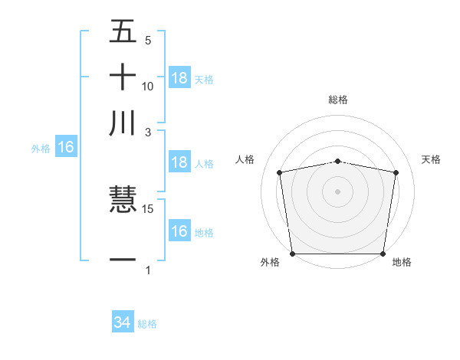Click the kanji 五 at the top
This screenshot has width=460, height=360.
[123, 31]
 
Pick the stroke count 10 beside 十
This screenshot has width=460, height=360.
[148, 87]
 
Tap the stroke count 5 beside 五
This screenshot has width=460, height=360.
[148, 41]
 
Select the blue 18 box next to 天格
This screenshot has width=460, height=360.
[179, 78]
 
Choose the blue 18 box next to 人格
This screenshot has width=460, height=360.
[179, 162]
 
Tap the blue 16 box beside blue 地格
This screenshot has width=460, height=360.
[179, 231]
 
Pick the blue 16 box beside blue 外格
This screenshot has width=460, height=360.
[66, 148]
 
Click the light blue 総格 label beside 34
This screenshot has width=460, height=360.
[147, 324]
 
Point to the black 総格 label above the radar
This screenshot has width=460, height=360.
[338, 100]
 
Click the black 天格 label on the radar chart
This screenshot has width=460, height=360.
[432, 159]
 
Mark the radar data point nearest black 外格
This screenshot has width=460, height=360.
[292, 254]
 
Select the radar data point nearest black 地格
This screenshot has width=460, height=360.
[383, 254]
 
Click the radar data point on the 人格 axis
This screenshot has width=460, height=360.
[280, 172]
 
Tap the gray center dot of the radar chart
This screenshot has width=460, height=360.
[338, 191]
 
